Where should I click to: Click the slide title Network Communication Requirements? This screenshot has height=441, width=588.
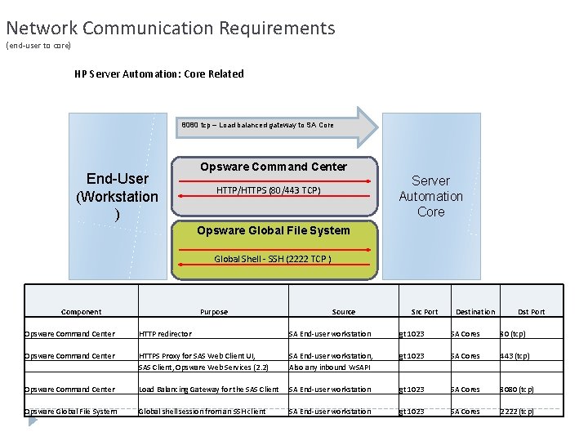170,28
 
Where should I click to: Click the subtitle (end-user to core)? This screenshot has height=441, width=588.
38,45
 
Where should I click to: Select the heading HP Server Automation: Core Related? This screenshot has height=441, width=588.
158,73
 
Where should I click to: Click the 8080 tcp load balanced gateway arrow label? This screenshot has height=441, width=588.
257,125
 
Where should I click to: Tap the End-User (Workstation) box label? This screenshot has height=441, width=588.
117,197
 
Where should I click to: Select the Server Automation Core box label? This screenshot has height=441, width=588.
430,196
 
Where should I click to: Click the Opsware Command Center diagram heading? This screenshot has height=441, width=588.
274,167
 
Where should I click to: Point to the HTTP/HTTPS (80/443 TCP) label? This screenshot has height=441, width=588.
268,190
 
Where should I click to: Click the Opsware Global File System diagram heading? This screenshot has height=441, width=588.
273,230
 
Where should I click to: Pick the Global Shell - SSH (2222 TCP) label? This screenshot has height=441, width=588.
273,259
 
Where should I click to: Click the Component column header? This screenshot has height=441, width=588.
81,311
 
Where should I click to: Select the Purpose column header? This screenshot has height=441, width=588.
214,311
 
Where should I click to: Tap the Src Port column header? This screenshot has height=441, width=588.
424,311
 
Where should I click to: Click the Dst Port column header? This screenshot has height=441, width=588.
531,311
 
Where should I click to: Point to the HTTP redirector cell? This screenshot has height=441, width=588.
165,333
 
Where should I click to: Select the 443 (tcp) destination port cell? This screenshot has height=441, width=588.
514,355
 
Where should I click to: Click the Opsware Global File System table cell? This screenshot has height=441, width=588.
71,411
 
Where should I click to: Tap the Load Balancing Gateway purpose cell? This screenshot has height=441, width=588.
209,389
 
